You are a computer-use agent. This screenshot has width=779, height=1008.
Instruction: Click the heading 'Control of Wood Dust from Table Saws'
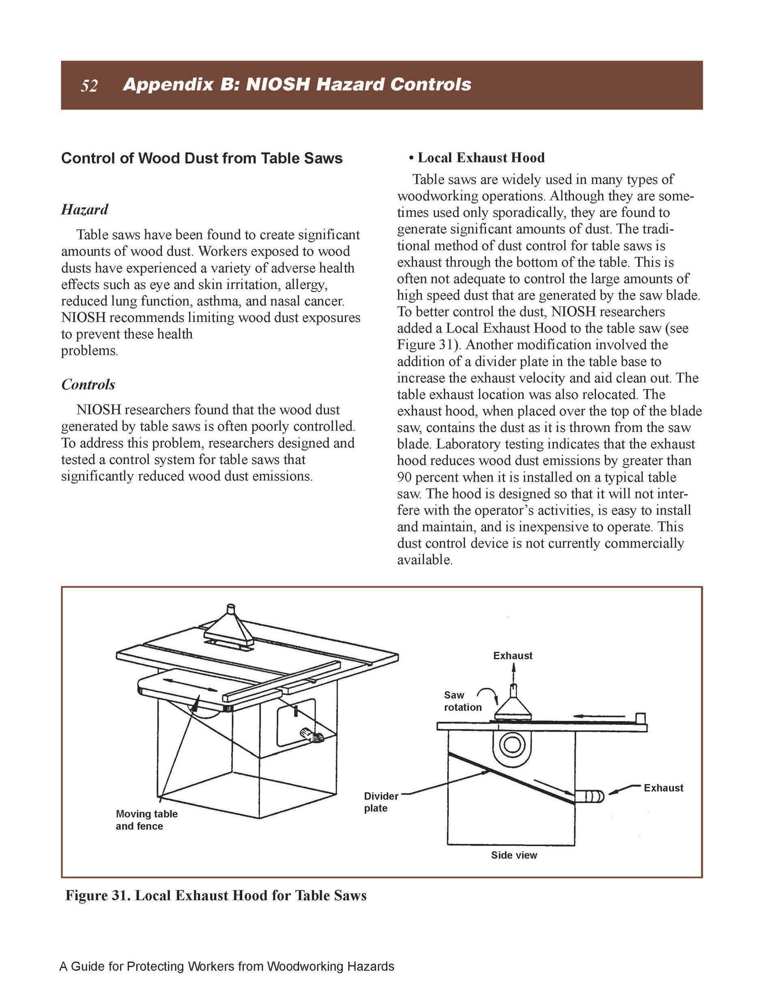[202, 158]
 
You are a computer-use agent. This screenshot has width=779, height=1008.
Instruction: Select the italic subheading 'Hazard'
[84, 210]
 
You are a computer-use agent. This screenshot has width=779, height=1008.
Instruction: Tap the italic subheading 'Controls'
[88, 385]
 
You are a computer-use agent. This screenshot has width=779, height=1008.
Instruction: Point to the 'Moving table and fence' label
[146, 820]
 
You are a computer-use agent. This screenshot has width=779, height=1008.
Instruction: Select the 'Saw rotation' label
[462, 701]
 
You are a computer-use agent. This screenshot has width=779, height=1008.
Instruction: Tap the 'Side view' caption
[514, 855]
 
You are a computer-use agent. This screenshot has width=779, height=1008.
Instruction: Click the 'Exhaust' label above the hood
[512, 656]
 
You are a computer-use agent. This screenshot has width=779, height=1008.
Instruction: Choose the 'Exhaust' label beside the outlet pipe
[663, 788]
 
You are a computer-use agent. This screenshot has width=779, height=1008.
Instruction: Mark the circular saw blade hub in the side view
[512, 744]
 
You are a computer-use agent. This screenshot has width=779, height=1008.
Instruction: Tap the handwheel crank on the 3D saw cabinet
[311, 735]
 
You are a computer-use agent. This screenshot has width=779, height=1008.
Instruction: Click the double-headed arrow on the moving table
[190, 685]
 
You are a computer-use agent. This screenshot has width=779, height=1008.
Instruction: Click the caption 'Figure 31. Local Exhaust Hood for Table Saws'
[215, 895]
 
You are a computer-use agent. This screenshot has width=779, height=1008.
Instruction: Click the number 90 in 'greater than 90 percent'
[405, 477]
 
